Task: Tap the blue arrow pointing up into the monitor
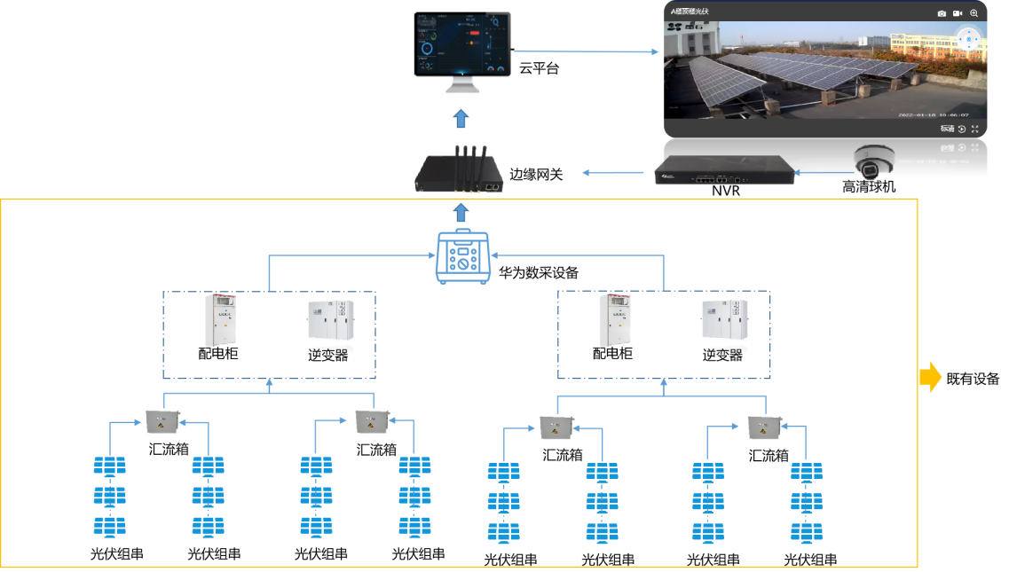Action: click(x=460, y=120)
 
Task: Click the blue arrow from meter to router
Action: click(x=461, y=212)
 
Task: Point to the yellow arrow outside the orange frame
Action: click(x=930, y=378)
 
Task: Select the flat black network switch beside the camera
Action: click(x=723, y=170)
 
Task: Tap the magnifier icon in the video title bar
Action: click(x=974, y=13)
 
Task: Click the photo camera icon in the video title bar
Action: click(x=942, y=13)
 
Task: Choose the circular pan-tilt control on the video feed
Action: click(x=969, y=39)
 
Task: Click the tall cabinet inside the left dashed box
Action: click(x=220, y=320)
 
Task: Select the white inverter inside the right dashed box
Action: click(x=723, y=325)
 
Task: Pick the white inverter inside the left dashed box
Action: click(x=330, y=325)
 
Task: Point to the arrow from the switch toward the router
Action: click(x=612, y=172)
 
